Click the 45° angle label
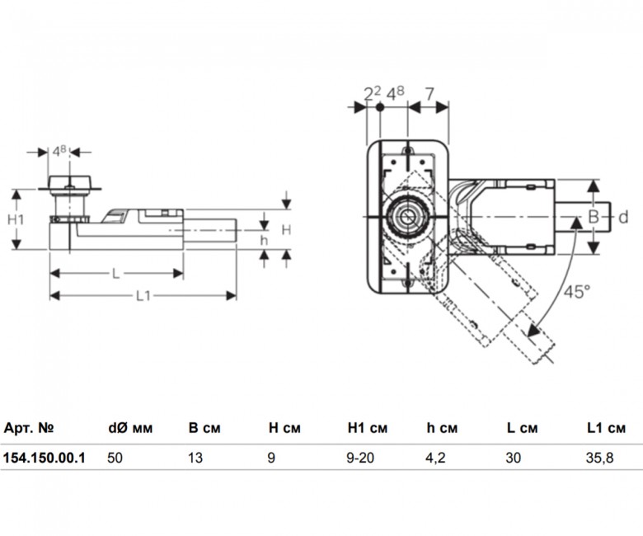577,291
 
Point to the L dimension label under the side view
115,273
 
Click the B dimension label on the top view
593,216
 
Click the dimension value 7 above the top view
429,94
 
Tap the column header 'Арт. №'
29,428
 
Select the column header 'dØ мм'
131,428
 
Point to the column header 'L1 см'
607,428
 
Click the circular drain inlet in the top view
406,217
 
